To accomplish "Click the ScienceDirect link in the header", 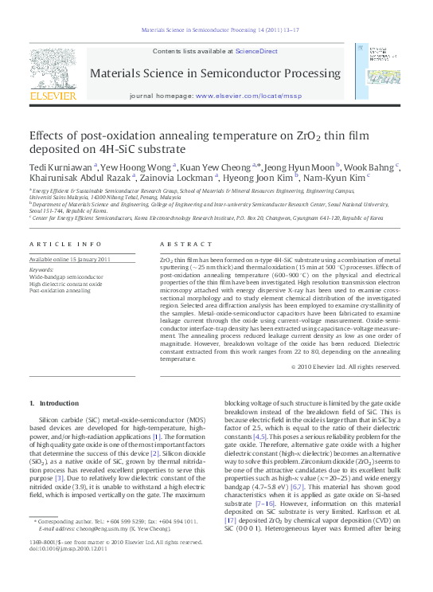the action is (256, 51).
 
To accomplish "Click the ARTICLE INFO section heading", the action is (65, 243).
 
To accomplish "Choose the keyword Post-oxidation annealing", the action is (60, 291).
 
